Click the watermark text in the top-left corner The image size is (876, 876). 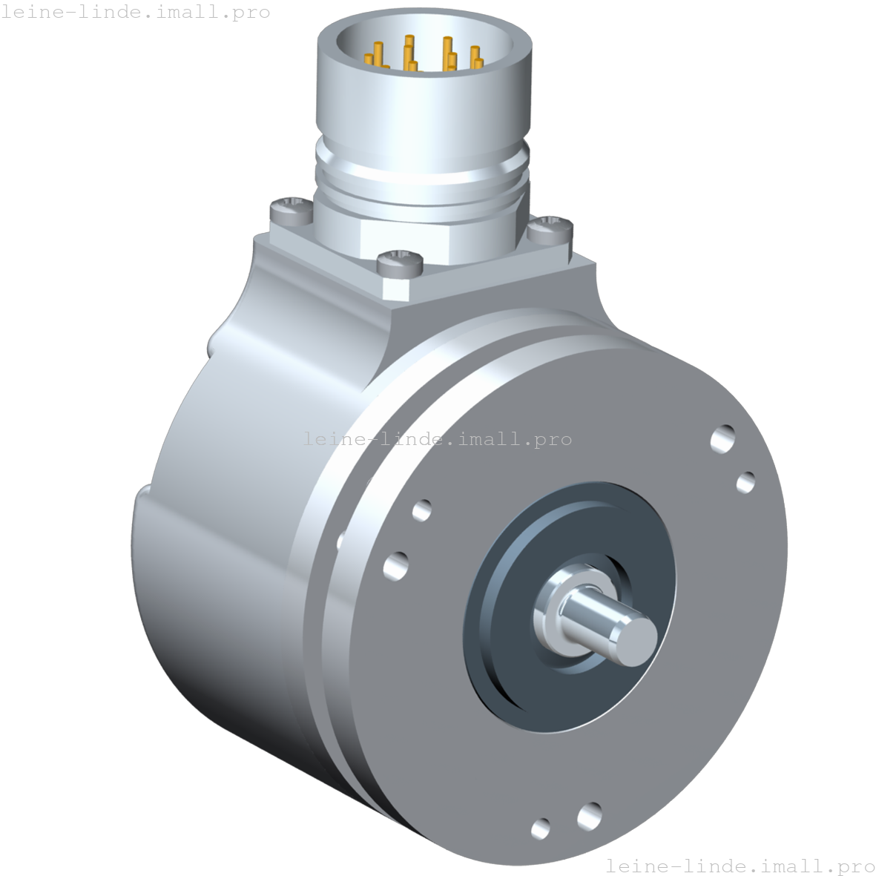pyautogui.click(x=135, y=12)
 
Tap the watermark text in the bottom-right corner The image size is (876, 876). pyautogui.click(x=740, y=865)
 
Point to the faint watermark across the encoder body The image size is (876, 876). pyautogui.click(x=438, y=438)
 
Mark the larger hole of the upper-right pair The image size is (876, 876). pyautogui.click(x=722, y=438)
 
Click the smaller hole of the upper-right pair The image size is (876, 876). pyautogui.click(x=745, y=481)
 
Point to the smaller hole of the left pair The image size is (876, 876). pyautogui.click(x=421, y=510)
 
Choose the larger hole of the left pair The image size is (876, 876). pyautogui.click(x=396, y=566)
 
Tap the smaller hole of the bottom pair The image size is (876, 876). pyautogui.click(x=541, y=827)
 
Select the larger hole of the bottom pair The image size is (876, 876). pyautogui.click(x=589, y=814)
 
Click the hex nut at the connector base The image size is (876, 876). pyautogui.click(x=415, y=236)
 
